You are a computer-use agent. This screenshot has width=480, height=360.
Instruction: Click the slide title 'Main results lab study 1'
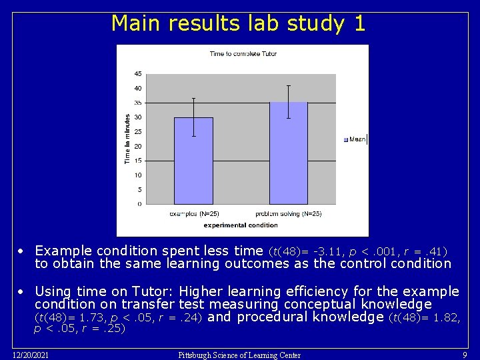point(238,23)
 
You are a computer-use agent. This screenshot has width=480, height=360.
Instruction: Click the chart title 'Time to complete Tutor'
point(243,53)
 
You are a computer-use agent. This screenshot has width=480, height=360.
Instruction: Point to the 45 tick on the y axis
point(137,73)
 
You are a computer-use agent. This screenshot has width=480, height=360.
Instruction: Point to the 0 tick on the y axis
point(139,204)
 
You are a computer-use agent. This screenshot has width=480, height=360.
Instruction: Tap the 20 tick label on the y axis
point(137,146)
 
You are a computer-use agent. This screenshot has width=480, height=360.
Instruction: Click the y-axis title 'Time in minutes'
point(127,138)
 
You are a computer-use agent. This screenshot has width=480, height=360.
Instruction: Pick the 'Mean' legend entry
point(356,139)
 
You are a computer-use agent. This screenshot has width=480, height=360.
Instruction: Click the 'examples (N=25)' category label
point(193,214)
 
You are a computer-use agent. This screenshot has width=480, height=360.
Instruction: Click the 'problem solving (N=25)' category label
point(288,214)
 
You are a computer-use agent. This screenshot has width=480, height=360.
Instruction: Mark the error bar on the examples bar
point(193,117)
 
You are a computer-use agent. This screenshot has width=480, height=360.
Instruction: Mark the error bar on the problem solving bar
point(288,101)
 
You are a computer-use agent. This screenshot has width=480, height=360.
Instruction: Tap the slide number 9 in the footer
point(465,355)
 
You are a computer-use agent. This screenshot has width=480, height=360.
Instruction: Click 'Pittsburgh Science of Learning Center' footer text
point(239,355)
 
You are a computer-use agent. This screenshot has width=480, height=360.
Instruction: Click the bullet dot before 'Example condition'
point(21,251)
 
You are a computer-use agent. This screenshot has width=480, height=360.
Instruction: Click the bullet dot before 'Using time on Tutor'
point(21,292)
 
